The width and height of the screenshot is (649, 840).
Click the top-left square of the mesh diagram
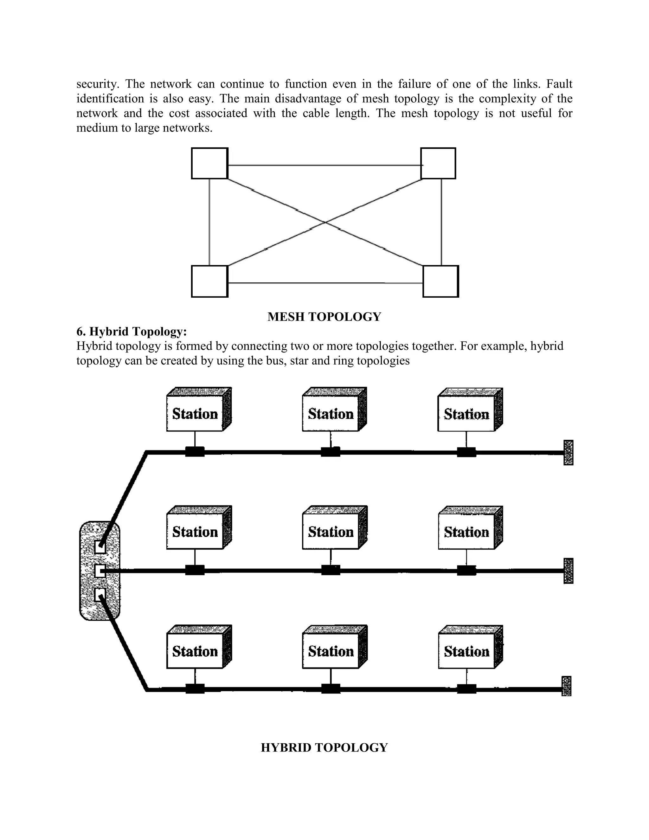click(209, 164)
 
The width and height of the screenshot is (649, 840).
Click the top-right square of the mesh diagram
click(438, 164)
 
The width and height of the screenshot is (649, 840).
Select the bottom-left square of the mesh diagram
click(209, 281)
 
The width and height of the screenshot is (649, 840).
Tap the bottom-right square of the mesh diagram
click(440, 281)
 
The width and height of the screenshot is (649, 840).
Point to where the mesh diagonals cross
click(325, 222)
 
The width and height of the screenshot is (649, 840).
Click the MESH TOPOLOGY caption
click(324, 317)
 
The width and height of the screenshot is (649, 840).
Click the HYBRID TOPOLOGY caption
click(324, 747)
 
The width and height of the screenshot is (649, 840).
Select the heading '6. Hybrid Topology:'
click(132, 331)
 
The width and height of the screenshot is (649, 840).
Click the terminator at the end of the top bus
click(568, 452)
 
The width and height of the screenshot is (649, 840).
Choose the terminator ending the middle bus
click(568, 571)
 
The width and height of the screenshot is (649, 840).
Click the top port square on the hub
click(100, 546)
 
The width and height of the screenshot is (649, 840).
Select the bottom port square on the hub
click(100, 595)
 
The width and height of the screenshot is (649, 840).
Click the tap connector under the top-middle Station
click(331, 452)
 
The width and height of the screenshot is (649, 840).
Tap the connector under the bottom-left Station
click(195, 689)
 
